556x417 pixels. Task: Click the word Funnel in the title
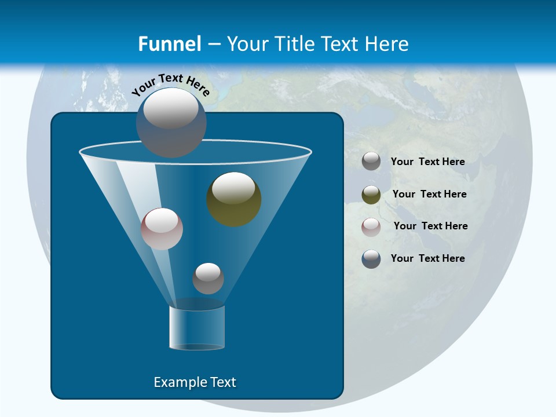point(170,44)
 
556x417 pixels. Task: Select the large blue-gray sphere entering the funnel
point(171,123)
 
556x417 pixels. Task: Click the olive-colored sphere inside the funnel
point(234,199)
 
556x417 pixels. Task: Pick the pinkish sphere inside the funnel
point(162,229)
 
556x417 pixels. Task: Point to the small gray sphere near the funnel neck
point(208,278)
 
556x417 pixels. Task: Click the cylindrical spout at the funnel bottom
point(197,328)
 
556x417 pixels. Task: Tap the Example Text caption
point(195,382)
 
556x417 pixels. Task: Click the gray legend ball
point(371,162)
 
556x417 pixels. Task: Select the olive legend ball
point(371,195)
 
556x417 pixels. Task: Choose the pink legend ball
point(371,226)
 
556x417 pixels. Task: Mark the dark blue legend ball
point(371,259)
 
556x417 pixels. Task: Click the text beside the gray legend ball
point(428,162)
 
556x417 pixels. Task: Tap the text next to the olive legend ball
point(429,194)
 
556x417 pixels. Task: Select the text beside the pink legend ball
point(430,226)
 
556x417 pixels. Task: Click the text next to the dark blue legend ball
point(428,258)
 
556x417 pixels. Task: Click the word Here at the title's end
point(387,44)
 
